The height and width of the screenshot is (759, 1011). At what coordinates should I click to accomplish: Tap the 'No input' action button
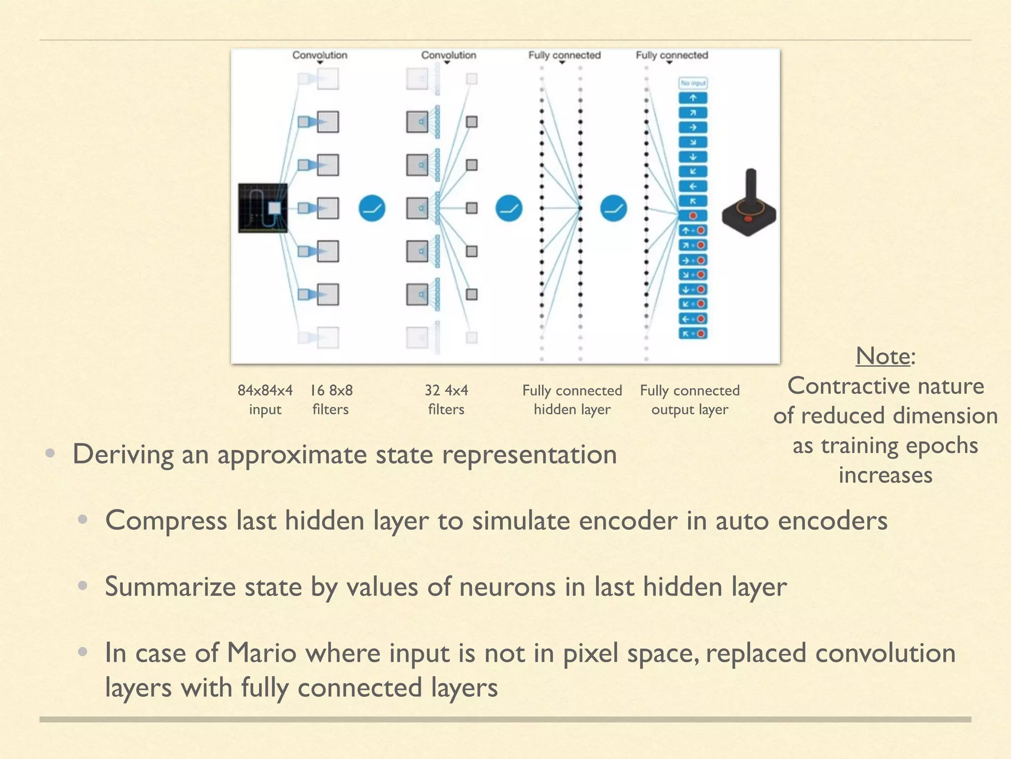click(x=693, y=84)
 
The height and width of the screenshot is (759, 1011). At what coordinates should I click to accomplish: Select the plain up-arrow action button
click(x=693, y=98)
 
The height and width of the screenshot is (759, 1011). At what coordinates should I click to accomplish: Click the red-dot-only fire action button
click(x=693, y=216)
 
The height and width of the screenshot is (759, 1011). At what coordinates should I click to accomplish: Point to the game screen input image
click(x=263, y=208)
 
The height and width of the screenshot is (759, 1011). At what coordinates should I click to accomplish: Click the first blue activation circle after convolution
click(x=372, y=208)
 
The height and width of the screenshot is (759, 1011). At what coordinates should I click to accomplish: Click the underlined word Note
click(x=883, y=356)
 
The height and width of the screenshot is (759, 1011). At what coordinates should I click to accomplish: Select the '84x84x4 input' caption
click(x=265, y=400)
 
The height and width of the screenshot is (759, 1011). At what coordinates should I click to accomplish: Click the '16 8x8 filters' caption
click(x=331, y=400)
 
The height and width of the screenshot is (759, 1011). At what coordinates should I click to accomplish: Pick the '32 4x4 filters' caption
click(x=446, y=400)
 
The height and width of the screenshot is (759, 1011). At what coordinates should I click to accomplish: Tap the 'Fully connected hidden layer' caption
click(x=572, y=400)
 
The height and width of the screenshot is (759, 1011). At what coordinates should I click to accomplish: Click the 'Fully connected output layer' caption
click(x=690, y=400)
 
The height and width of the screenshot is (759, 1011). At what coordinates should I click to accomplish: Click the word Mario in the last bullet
click(x=261, y=653)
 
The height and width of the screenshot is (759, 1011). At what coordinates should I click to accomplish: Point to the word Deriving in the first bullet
click(x=123, y=455)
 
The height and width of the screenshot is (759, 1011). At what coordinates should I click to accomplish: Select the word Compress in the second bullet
click(x=166, y=521)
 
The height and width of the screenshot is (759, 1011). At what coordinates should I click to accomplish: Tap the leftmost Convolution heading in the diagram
click(x=320, y=55)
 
